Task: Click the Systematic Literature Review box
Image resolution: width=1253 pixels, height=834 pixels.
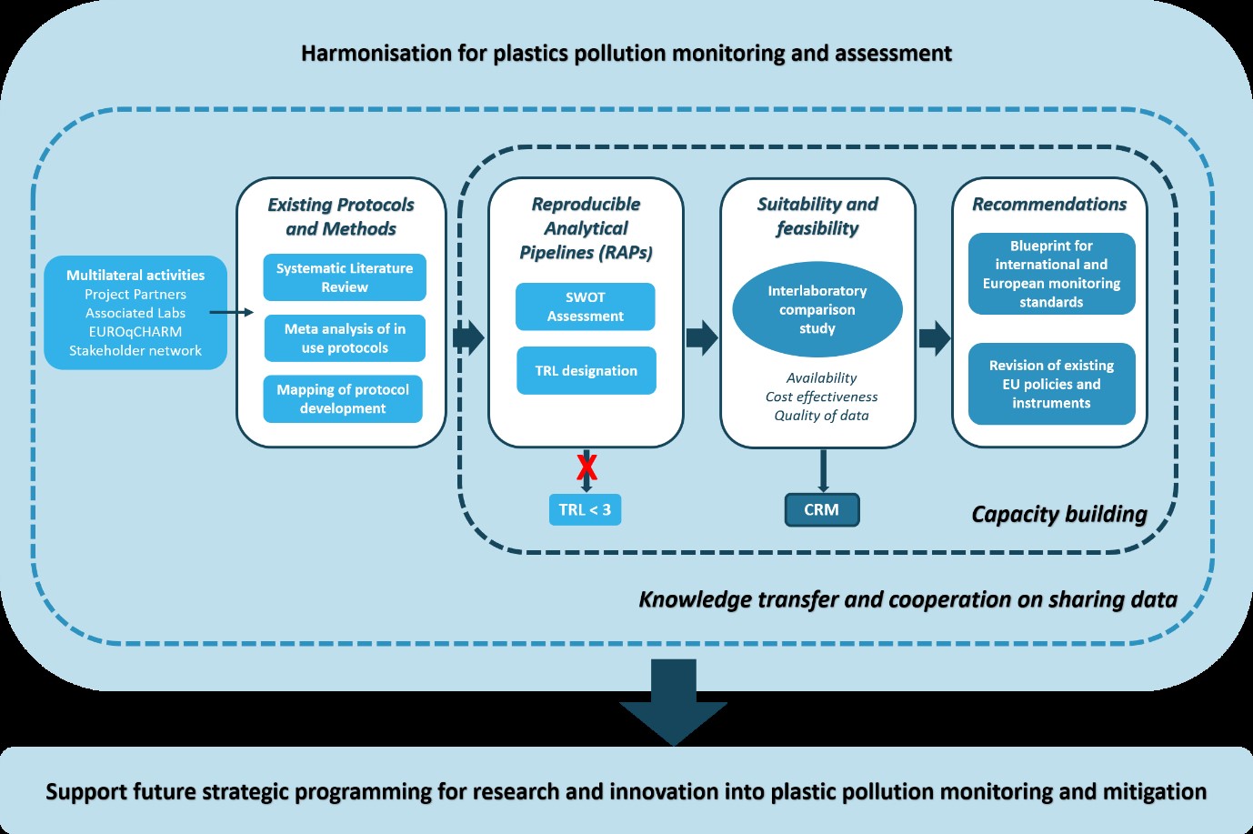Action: pyautogui.click(x=345, y=277)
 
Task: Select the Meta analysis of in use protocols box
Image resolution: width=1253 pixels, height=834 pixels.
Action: pyautogui.click(x=345, y=338)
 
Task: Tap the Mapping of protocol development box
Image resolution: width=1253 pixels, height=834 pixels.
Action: pyautogui.click(x=343, y=399)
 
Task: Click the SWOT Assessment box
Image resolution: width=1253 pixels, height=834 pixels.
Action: pyautogui.click(x=585, y=306)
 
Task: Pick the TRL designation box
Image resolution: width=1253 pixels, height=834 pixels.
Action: pyautogui.click(x=586, y=370)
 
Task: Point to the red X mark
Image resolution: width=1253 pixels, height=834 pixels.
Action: pyautogui.click(x=586, y=467)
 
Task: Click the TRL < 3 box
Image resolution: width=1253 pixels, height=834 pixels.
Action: pyautogui.click(x=585, y=509)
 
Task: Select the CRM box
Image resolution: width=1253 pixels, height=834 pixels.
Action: pyautogui.click(x=821, y=509)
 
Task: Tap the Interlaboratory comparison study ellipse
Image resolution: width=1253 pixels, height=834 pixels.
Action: pyautogui.click(x=817, y=309)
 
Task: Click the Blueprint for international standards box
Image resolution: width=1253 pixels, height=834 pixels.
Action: pyautogui.click(x=1051, y=274)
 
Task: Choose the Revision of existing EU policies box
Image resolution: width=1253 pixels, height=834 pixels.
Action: pyautogui.click(x=1051, y=384)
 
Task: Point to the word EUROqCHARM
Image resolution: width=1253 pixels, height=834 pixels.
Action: pyautogui.click(x=135, y=332)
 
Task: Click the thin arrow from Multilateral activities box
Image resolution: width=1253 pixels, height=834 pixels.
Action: pyautogui.click(x=232, y=312)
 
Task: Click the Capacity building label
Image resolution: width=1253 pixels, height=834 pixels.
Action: pyautogui.click(x=1059, y=515)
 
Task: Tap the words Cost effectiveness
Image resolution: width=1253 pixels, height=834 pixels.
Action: pyautogui.click(x=821, y=397)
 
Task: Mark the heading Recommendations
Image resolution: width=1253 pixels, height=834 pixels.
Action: pyautogui.click(x=1049, y=205)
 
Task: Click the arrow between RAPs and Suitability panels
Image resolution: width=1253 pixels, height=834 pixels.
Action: pyautogui.click(x=701, y=337)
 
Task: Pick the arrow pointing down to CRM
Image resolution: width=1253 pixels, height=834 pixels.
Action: pyautogui.click(x=823, y=470)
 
